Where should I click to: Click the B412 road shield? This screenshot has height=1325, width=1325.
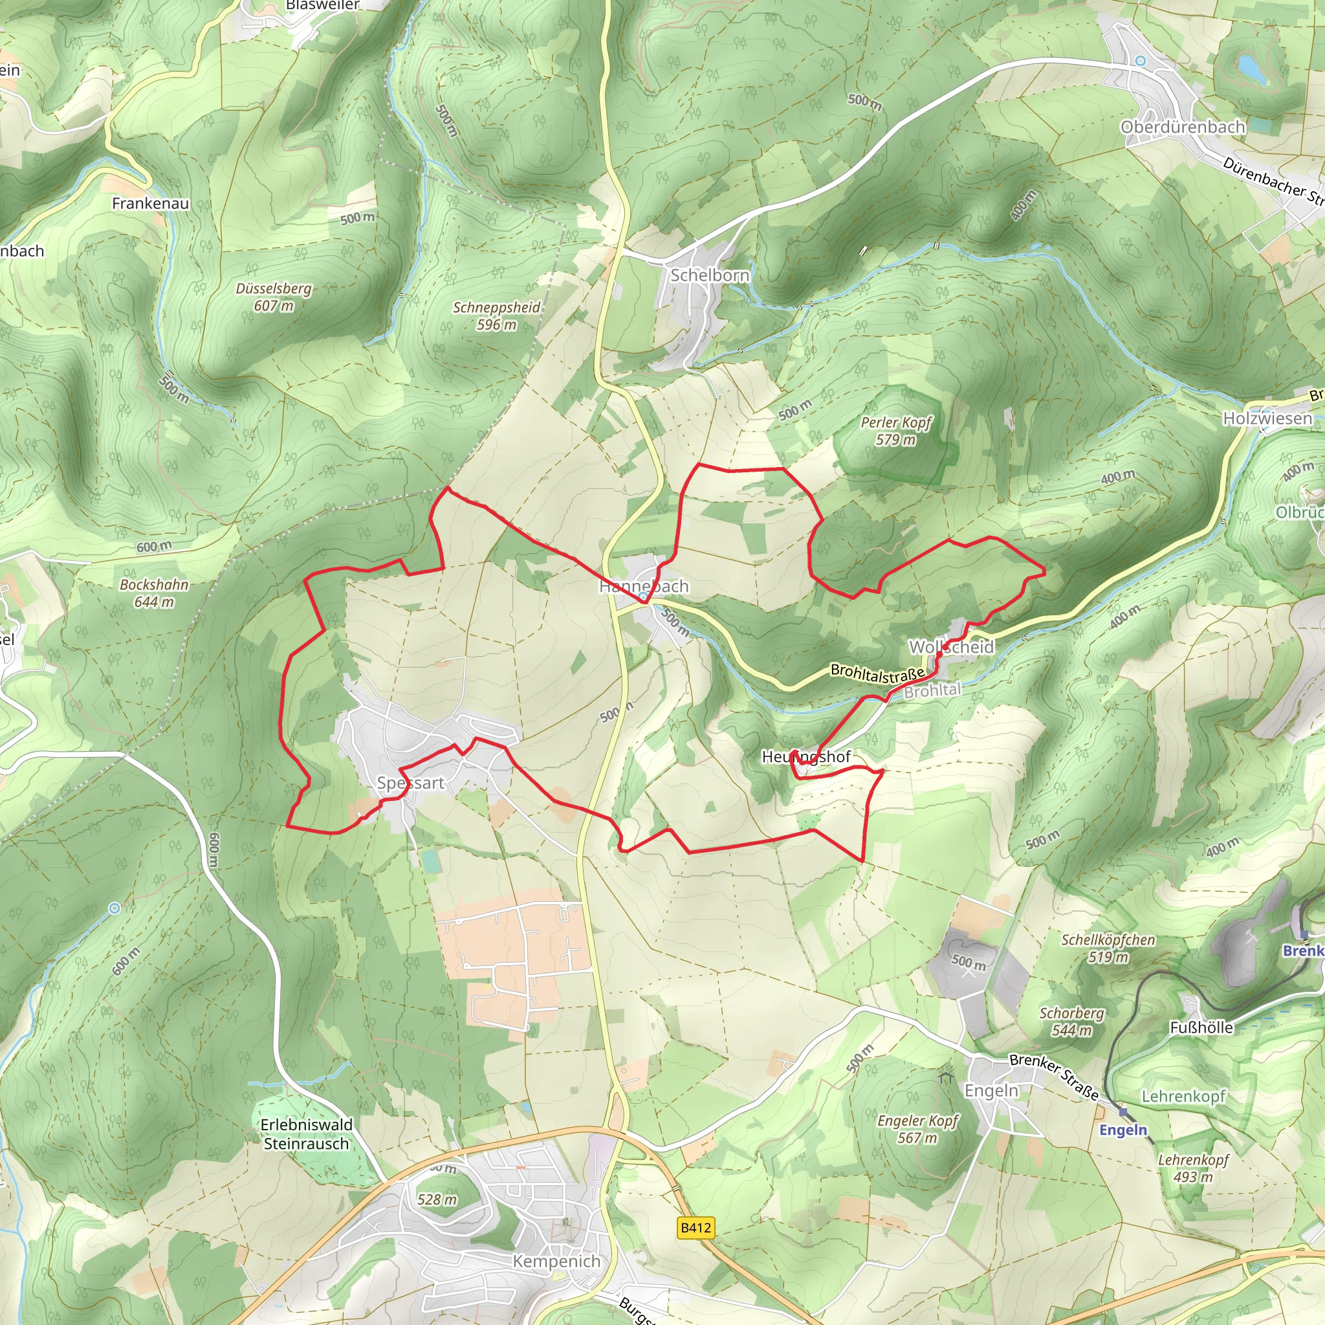(695, 1227)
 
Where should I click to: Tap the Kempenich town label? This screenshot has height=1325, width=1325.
(556, 1261)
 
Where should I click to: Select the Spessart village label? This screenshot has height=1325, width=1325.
(410, 783)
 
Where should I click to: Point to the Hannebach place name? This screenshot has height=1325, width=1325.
(643, 586)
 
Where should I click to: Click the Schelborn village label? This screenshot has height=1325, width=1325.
(709, 275)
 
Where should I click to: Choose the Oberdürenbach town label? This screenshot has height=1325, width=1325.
(1183, 127)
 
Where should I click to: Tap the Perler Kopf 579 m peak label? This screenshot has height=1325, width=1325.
(895, 431)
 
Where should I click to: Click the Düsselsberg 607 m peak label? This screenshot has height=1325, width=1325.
(274, 297)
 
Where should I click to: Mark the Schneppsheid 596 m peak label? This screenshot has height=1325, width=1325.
(496, 316)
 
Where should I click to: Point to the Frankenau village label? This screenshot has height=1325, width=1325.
(150, 203)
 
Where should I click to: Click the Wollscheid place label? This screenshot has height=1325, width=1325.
(950, 647)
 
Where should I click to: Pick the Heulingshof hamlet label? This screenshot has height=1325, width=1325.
(806, 756)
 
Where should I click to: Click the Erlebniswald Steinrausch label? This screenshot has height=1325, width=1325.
(307, 1134)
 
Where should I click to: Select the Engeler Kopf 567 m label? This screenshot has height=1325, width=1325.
(917, 1129)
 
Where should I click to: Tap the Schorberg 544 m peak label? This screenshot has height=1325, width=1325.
(1071, 1021)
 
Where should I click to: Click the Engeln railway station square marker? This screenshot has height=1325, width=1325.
(1122, 1112)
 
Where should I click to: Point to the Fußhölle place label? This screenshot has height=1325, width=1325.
(1201, 1027)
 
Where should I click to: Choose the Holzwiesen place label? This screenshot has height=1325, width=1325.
(1267, 418)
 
